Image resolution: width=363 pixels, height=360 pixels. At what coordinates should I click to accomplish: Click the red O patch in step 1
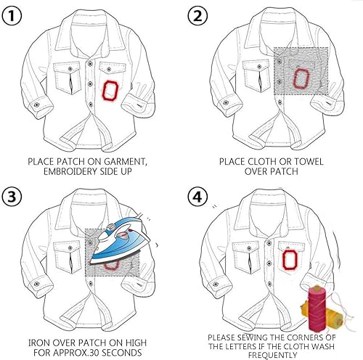coord(111,91)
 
